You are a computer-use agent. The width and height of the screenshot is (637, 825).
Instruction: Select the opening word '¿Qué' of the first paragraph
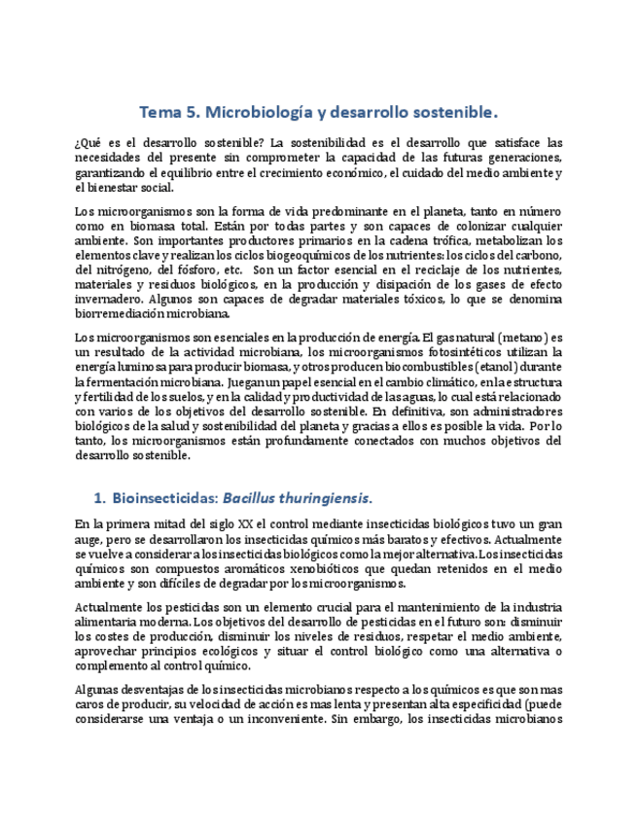89,143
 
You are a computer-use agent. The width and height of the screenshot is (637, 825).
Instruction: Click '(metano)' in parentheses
515,338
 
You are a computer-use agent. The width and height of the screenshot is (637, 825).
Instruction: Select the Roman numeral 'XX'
263,525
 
